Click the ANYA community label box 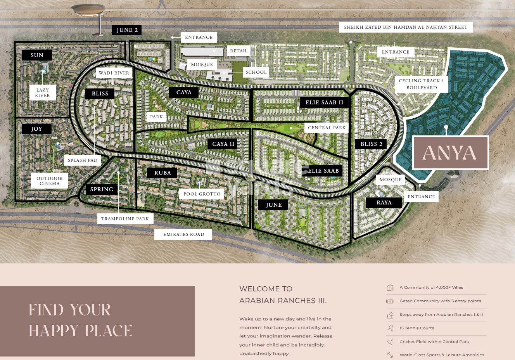click(450, 152)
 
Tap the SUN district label click(37, 55)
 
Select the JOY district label click(36, 129)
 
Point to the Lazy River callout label click(43, 93)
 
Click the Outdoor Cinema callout click(50, 181)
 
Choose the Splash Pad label click(83, 160)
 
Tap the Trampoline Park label click(125, 219)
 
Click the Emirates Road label click(183, 234)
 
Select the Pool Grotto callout click(202, 194)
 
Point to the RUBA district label click(162, 173)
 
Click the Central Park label click(327, 128)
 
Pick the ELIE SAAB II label click(324, 102)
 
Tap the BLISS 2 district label click(371, 144)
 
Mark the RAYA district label click(384, 202)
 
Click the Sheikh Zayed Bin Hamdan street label click(406, 27)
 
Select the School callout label click(256, 72)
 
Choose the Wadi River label click(114, 73)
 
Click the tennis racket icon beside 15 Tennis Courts click(390, 328)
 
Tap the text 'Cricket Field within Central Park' click(434, 342)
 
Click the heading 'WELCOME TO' click(266, 289)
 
